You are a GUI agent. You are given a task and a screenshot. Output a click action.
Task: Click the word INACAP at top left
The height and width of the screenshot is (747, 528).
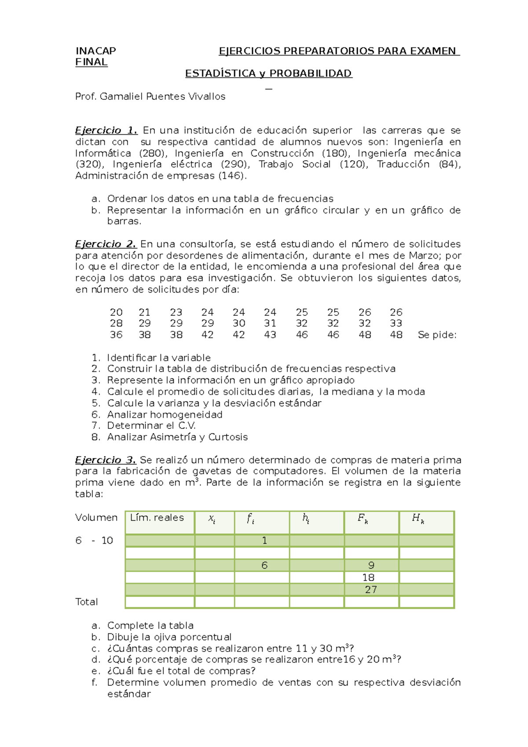[x=95, y=51]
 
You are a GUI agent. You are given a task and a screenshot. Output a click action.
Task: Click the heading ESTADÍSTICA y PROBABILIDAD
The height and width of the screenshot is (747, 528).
[x=268, y=73]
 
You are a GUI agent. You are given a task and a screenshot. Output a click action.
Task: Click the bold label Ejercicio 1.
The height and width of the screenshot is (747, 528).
[x=106, y=131]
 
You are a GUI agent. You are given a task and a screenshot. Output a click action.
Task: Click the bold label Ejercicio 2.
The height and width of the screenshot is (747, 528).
[x=106, y=244]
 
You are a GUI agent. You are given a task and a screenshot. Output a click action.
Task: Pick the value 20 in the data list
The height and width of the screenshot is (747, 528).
[x=116, y=312]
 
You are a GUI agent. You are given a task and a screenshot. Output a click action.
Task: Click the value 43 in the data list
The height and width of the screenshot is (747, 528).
[x=270, y=335]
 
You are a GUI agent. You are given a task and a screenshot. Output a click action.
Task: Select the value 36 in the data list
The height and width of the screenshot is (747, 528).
[x=116, y=335]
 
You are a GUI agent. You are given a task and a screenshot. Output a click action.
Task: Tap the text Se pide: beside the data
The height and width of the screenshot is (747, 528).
[x=437, y=335]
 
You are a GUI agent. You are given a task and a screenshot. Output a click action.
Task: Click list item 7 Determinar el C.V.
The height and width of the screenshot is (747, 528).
[x=151, y=426]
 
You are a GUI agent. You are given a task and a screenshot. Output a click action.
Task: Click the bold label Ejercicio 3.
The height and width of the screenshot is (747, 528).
[x=106, y=460]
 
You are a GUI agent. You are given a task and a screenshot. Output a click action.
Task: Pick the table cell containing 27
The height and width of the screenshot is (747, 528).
[x=371, y=590]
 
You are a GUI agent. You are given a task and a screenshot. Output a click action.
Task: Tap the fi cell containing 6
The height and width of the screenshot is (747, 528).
[x=264, y=565]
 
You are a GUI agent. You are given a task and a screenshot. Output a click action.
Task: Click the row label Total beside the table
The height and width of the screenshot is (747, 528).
[x=86, y=602]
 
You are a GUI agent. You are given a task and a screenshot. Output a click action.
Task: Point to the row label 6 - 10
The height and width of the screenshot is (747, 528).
[x=94, y=541]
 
